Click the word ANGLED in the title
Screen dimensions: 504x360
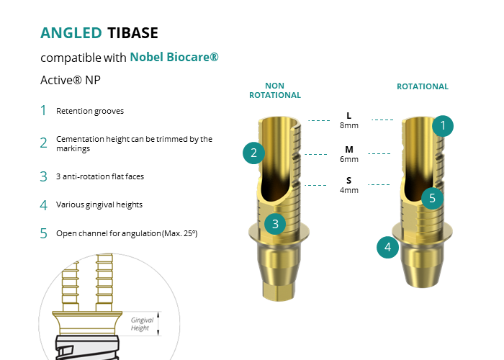(71, 33)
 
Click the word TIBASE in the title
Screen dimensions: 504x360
(132, 33)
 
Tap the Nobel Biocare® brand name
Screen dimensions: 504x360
(174, 57)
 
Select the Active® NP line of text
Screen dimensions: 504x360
(71, 80)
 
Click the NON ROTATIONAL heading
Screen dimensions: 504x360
(275, 90)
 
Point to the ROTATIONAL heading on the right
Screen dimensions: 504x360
(423, 86)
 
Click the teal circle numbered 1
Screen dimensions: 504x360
(443, 126)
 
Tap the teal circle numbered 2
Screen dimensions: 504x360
(253, 153)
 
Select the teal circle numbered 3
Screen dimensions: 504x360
(275, 224)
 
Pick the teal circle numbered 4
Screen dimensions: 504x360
(387, 247)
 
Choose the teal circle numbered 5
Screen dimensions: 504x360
(432, 198)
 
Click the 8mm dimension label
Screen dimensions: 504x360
(349, 125)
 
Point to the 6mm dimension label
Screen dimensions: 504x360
(349, 159)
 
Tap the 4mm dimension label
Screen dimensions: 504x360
(349, 190)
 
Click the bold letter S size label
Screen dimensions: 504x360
(348, 180)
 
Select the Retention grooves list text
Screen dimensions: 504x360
(90, 111)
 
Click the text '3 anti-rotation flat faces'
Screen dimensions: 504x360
(100, 176)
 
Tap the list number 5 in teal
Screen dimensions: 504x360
(43, 233)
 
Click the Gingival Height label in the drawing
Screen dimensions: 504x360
(142, 324)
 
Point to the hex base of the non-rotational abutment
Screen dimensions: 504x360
(279, 291)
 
